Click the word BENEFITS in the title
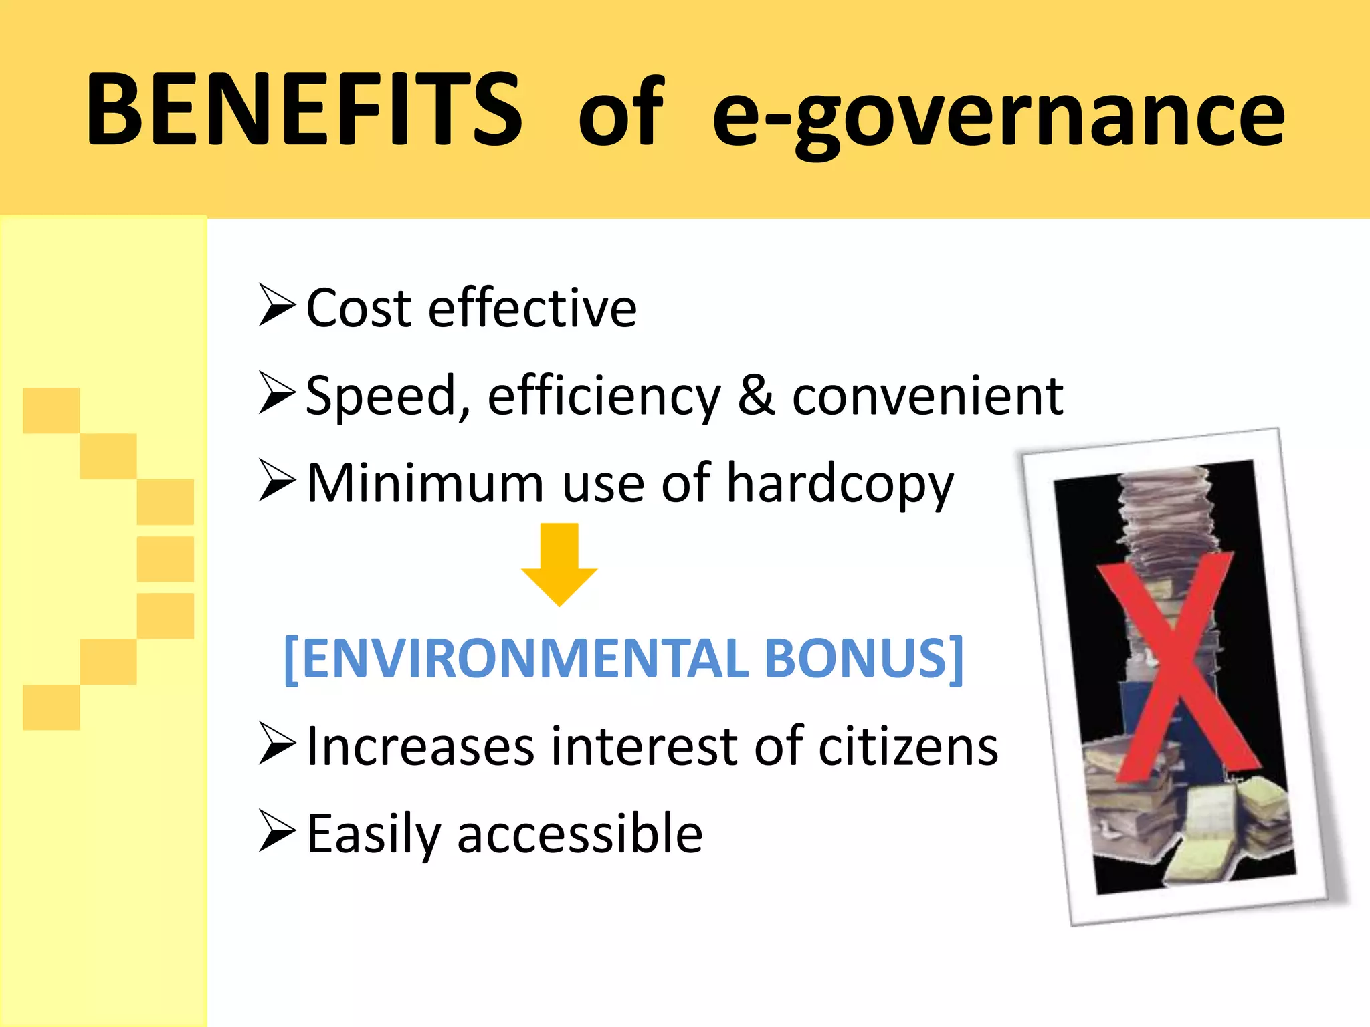(304, 110)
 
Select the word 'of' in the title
(621, 112)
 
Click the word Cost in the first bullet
(359, 308)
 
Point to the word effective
(532, 308)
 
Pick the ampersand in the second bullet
(756, 396)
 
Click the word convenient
(928, 396)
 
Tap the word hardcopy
(840, 485)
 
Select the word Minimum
(425, 483)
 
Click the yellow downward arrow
(559, 565)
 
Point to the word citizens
(908, 746)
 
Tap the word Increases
(420, 746)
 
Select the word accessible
(579, 834)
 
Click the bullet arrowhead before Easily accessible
(276, 832)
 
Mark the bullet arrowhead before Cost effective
(276, 306)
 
